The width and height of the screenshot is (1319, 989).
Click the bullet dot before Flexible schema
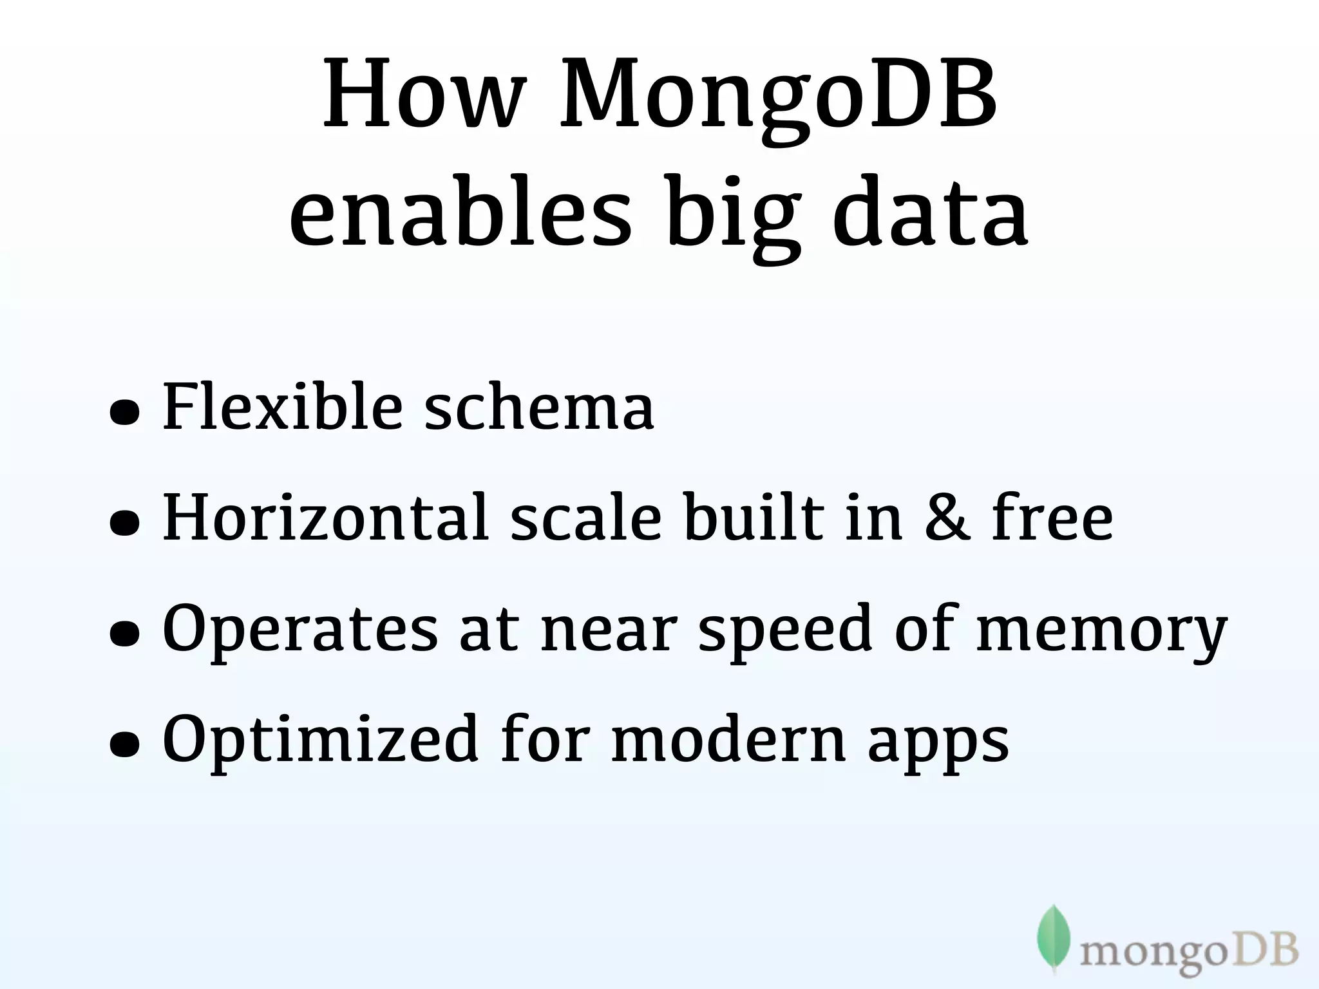[124, 413]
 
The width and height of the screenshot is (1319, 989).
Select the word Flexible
[283, 407]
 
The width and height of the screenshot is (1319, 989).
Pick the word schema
[538, 407]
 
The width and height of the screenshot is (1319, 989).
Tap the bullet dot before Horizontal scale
[124, 523]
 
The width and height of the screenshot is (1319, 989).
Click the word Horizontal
[325, 517]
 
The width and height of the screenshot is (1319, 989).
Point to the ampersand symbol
[947, 517]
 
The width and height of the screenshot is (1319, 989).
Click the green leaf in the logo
[1053, 937]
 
